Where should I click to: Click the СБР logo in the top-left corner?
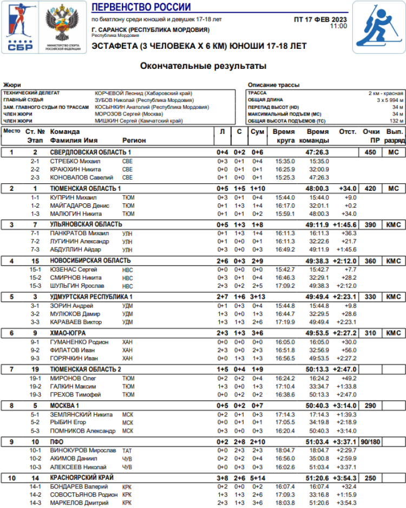coord(21,27)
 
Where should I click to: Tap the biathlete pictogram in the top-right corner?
coord(379,27)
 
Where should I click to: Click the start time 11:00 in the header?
coord(338,26)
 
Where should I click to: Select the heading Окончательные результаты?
coord(203,67)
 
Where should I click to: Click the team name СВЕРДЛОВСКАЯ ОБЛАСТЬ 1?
coord(90,152)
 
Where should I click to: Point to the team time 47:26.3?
coord(317,152)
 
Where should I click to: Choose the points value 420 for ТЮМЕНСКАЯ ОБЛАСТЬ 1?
coord(370,188)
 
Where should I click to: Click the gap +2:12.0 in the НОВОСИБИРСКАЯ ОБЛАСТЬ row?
coord(344,261)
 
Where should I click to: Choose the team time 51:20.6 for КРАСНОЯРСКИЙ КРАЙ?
coord(317,478)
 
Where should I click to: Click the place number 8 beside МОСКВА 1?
coord(11,406)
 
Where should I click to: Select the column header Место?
coord(11,131)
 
